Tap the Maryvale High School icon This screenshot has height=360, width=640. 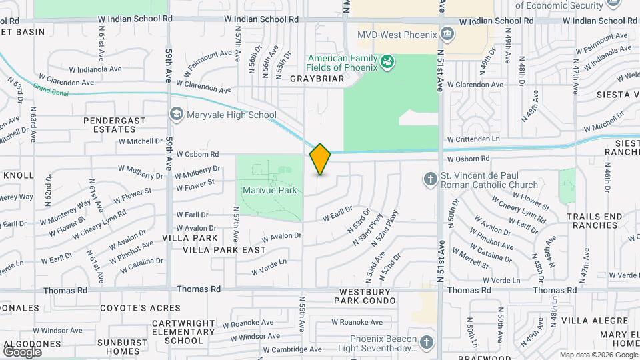point(176,115)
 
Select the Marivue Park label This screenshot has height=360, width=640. point(270,191)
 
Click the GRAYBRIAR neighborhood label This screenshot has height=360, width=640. point(317,79)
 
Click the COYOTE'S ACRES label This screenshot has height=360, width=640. point(140,308)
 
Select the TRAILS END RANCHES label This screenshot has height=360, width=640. point(593,221)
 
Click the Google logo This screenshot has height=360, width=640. point(22,351)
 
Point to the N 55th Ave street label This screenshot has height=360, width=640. point(303,315)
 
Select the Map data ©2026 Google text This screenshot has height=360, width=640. point(597,355)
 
